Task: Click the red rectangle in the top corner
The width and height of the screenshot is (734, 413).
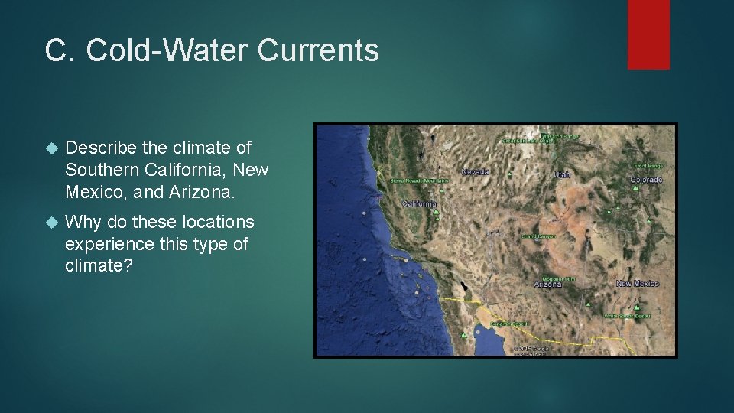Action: pyautogui.click(x=648, y=34)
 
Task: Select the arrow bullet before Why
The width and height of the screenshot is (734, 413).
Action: pyautogui.click(x=51, y=223)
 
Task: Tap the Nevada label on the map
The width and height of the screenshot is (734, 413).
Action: pyautogui.click(x=476, y=172)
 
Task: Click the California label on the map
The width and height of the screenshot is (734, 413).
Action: pyautogui.click(x=420, y=203)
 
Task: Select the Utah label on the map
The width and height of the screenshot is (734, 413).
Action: pyautogui.click(x=562, y=174)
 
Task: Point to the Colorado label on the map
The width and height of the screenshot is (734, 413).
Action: pyautogui.click(x=646, y=180)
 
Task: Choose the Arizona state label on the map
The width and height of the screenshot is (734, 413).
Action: pyautogui.click(x=547, y=285)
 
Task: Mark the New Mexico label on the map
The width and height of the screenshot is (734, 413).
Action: pyautogui.click(x=637, y=284)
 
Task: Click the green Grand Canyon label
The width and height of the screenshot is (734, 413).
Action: pyautogui.click(x=538, y=236)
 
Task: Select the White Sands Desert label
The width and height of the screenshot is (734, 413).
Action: pyautogui.click(x=626, y=316)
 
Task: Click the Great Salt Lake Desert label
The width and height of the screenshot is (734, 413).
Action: pyautogui.click(x=528, y=141)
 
